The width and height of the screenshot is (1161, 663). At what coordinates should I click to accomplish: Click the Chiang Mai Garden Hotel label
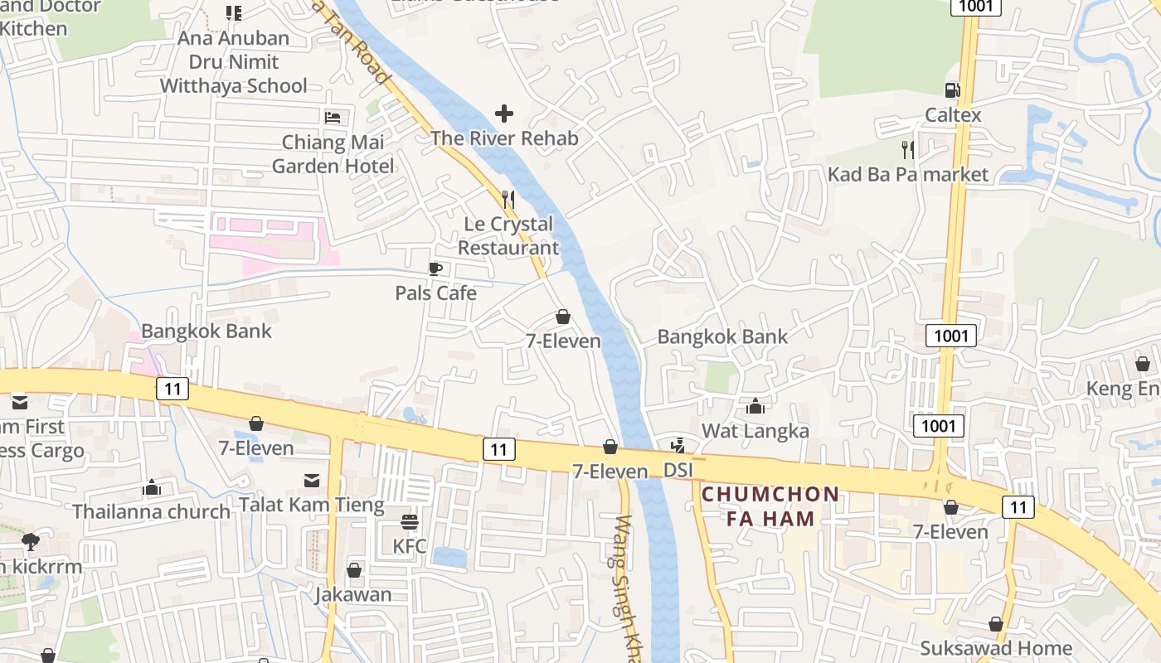[x=333, y=154]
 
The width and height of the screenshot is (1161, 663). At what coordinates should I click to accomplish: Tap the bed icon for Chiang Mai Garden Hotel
[x=333, y=117]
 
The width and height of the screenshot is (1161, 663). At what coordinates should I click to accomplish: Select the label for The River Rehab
[x=504, y=138]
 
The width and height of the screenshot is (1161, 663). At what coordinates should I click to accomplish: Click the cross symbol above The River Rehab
[x=504, y=114]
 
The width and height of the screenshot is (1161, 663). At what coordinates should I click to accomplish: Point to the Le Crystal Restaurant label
[x=508, y=235]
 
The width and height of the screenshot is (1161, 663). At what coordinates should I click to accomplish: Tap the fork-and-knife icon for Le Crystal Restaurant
[x=508, y=200]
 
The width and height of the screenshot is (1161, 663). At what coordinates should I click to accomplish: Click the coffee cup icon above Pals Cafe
[x=435, y=269]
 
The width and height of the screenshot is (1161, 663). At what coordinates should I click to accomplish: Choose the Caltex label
[x=953, y=115]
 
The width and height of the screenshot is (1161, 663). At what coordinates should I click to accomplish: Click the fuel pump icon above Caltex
[x=953, y=90]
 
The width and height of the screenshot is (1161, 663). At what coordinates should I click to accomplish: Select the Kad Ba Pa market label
[x=908, y=174]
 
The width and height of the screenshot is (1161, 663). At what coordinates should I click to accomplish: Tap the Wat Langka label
[x=755, y=431]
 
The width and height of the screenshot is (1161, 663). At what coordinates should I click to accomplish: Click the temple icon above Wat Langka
[x=755, y=406]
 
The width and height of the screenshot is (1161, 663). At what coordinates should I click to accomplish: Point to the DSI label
[x=678, y=471]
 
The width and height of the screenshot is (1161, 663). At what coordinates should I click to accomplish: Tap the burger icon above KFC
[x=410, y=522]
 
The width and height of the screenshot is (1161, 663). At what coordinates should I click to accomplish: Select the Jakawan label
[x=353, y=595]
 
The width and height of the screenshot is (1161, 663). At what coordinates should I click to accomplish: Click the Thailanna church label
[x=152, y=511]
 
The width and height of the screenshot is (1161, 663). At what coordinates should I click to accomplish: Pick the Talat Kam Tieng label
[x=312, y=505]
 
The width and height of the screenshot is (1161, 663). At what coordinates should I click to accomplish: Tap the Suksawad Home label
[x=996, y=648]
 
